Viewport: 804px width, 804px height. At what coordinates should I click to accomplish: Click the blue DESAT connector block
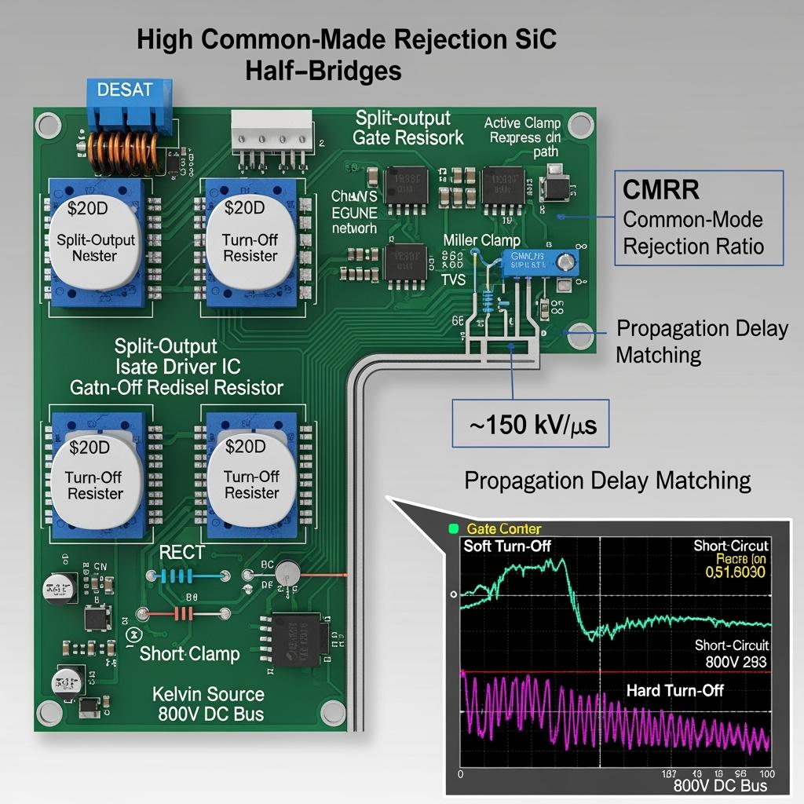point(126,105)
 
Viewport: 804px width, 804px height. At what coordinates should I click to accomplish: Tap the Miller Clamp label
point(481,240)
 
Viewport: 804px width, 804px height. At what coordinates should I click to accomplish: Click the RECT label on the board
point(181,552)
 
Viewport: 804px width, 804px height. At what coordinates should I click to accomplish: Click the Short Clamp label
point(189,653)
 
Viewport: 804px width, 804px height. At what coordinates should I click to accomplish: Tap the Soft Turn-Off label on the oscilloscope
point(506,546)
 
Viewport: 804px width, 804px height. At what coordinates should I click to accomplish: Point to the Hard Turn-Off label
point(674,690)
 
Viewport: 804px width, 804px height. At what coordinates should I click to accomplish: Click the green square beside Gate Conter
point(453,529)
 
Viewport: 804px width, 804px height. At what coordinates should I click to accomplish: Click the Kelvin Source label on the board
point(208,694)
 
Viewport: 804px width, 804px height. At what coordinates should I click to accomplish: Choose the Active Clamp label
point(522,122)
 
